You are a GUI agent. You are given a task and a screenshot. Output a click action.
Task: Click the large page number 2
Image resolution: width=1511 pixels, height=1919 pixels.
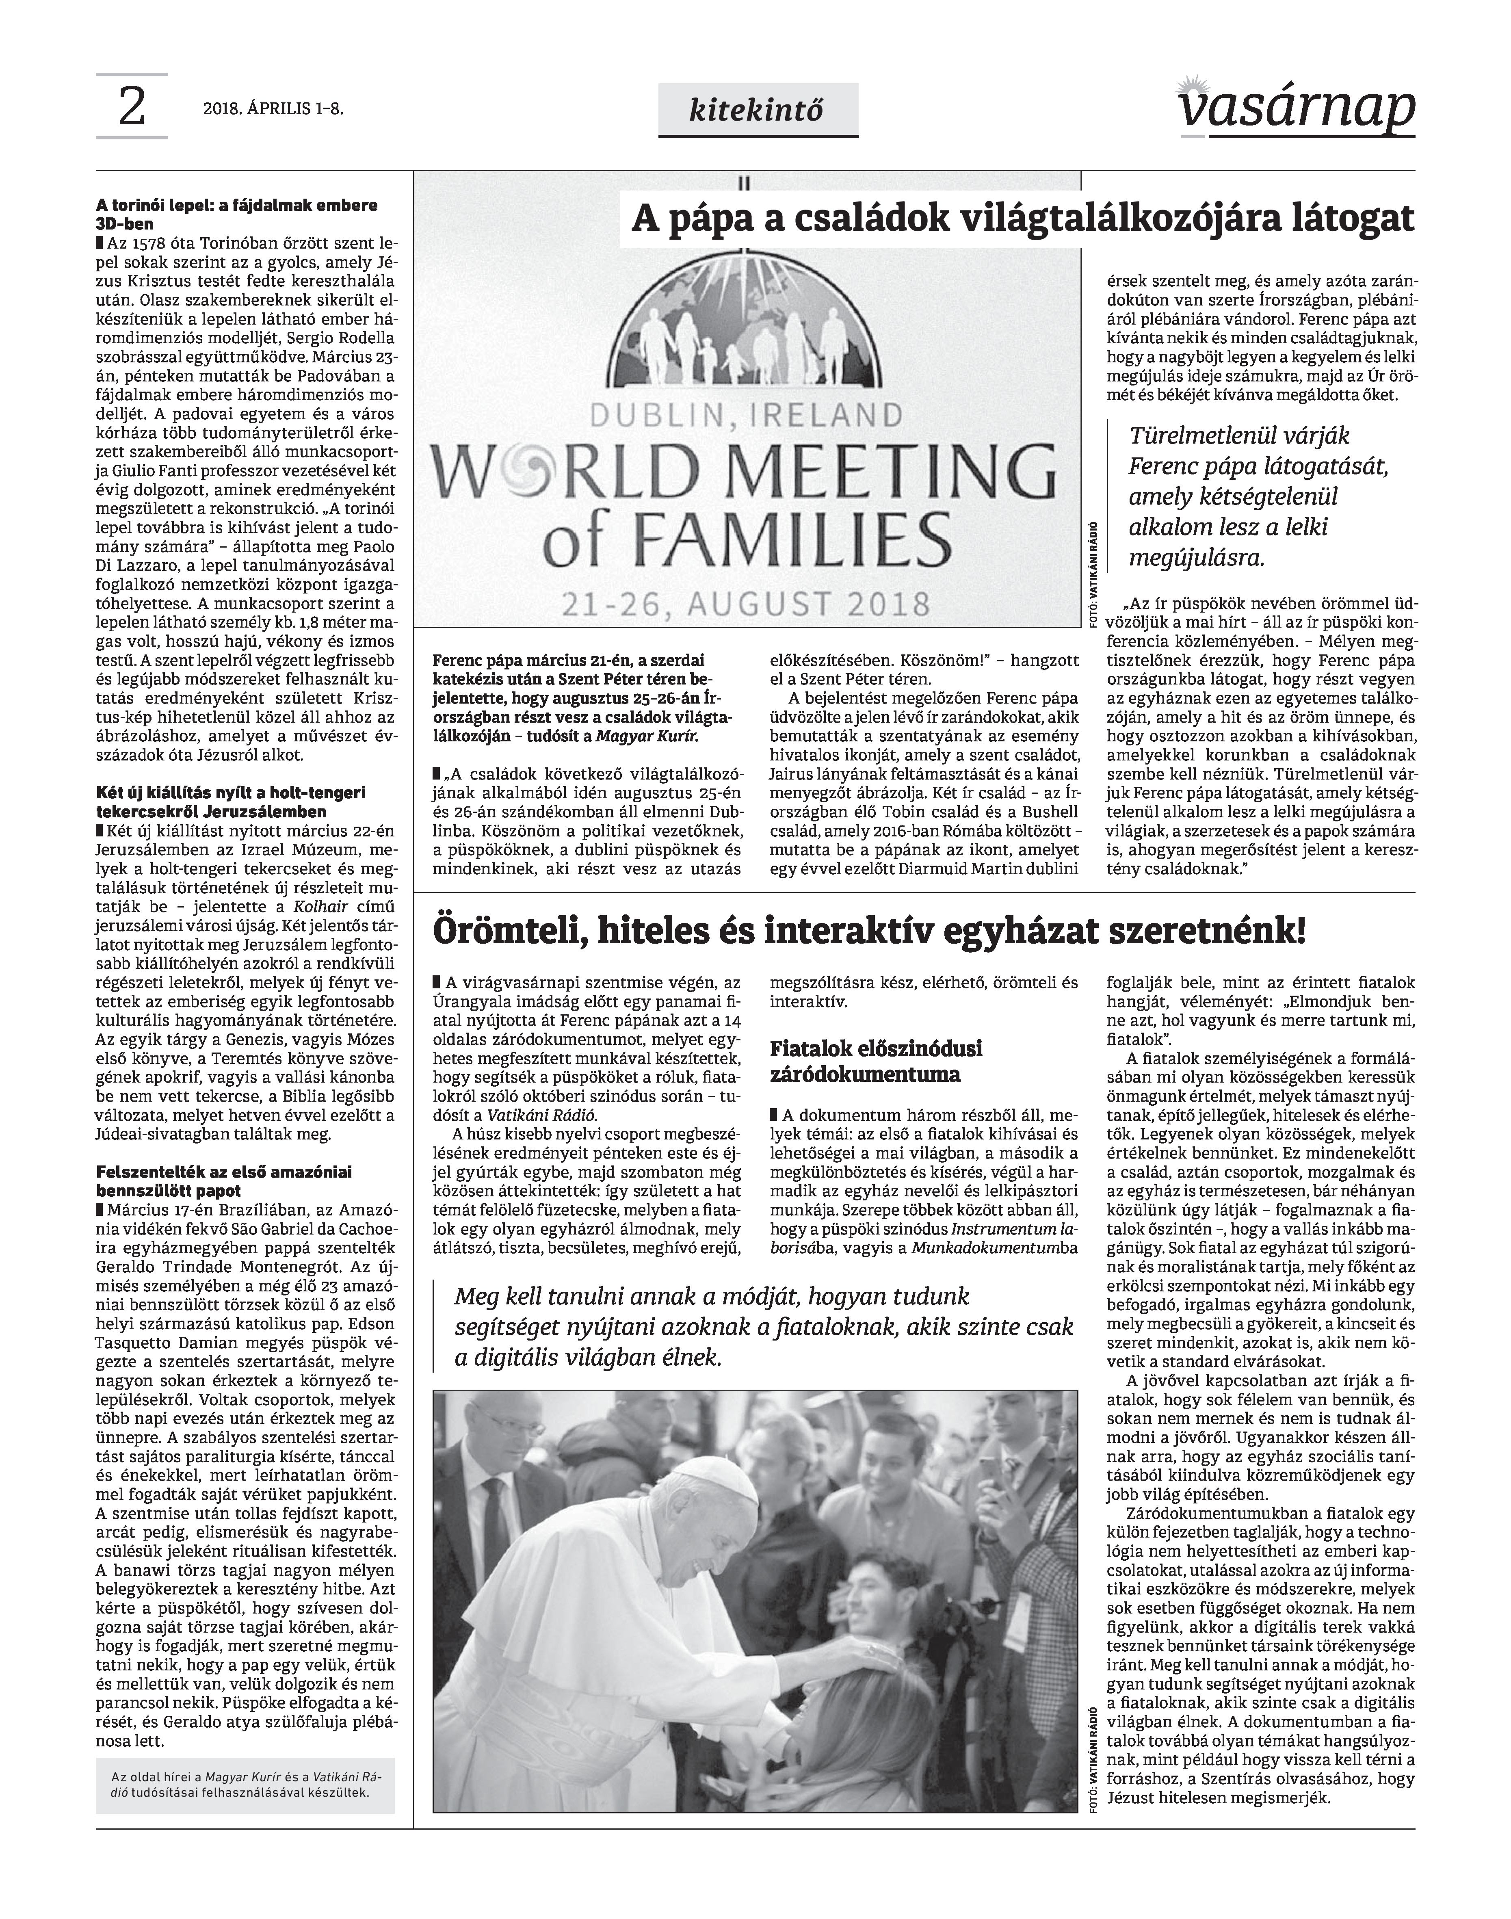pos(131,107)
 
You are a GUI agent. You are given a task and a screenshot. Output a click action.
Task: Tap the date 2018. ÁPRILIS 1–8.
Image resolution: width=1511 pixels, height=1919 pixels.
pos(273,109)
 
